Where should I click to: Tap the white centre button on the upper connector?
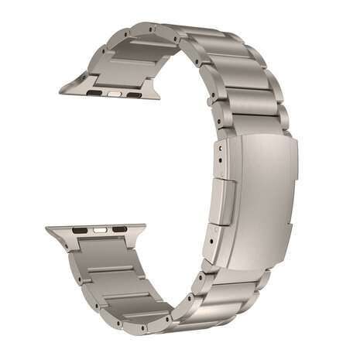(116, 94)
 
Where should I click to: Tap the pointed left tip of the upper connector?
(61, 91)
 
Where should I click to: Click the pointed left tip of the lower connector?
(47, 230)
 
